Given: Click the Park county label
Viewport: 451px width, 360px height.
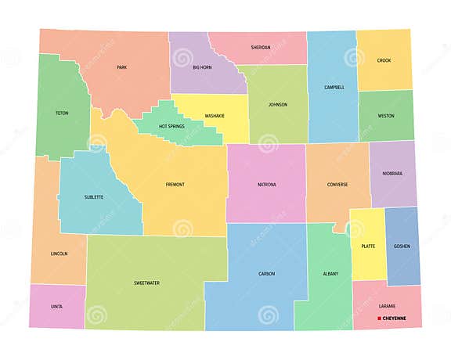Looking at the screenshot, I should pos(121,68).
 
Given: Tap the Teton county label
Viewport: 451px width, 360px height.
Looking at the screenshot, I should pos(62,113).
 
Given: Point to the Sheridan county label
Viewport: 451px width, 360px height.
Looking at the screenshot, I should pos(261,48).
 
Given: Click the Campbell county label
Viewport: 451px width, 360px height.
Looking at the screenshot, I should pos(334,88).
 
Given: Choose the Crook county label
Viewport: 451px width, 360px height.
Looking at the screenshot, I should pos(384,61).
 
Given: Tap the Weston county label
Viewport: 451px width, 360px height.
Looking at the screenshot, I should pos(386,116).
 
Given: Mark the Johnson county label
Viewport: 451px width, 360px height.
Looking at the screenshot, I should pos(278,105).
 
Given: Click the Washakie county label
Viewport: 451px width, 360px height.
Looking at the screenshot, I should pos(215,116).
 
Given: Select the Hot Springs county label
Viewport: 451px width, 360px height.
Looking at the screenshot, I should pos(172,126).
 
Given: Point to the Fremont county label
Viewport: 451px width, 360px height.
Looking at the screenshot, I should pos(175,185).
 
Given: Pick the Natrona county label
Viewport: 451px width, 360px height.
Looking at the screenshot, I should pos(267,185).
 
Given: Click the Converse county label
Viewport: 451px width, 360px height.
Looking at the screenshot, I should pos(337,185).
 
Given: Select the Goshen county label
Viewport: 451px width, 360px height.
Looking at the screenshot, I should pos(402,246).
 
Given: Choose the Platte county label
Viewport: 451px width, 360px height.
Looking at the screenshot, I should pos(368,246).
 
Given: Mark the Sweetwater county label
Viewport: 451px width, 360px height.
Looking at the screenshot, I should pos(146,283).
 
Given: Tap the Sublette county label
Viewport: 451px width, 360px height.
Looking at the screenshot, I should pos(93,197).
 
